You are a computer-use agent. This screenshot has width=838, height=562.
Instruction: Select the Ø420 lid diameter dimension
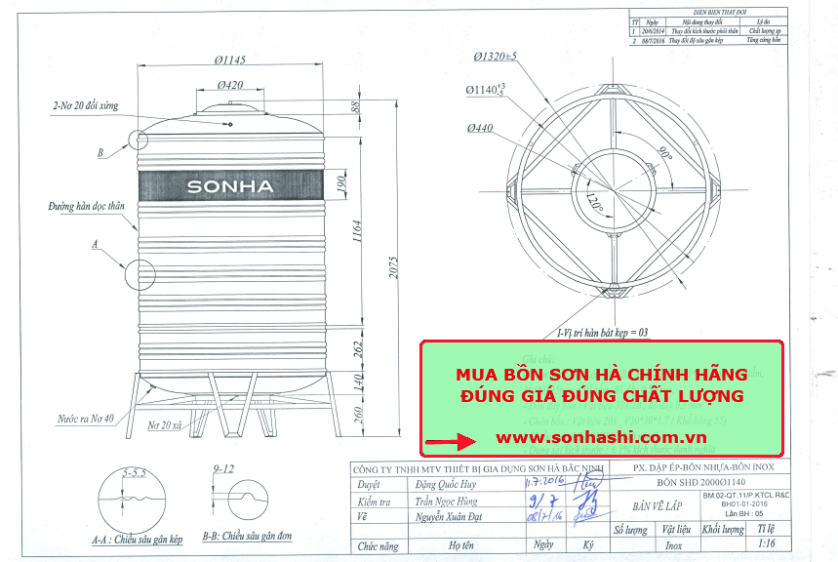click(x=231, y=85)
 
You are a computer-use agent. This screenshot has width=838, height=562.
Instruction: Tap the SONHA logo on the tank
click(x=230, y=186)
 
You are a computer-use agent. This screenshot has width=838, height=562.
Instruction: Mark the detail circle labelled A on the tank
click(x=139, y=274)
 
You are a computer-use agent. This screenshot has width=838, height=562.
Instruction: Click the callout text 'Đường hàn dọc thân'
click(x=87, y=207)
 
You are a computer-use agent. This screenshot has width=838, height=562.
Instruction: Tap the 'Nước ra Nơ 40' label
click(x=86, y=419)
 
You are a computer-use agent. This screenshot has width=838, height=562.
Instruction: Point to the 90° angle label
click(x=665, y=155)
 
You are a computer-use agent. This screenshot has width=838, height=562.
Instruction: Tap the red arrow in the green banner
click(x=451, y=440)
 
